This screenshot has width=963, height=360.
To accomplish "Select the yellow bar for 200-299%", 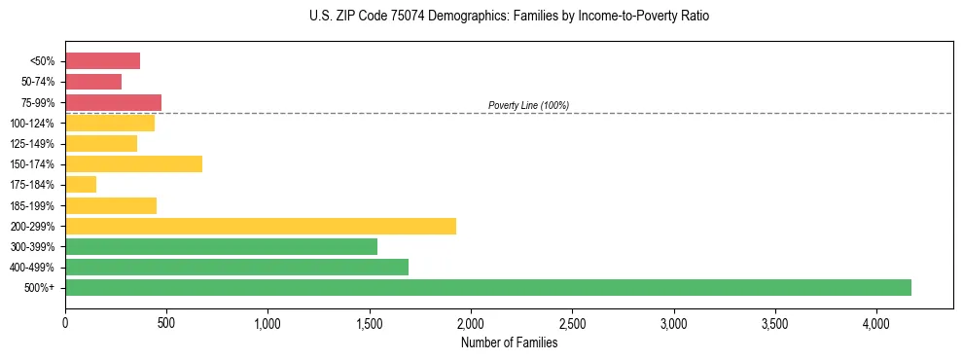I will [261, 226].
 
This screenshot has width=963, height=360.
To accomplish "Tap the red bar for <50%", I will [102, 61].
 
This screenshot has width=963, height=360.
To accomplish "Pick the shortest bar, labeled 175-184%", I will [81, 185].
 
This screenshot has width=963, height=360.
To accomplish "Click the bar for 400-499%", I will [236, 267].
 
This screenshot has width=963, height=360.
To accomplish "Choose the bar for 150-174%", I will [133, 163].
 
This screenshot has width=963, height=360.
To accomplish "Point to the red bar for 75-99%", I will [113, 102].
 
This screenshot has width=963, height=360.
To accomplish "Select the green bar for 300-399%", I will [221, 246].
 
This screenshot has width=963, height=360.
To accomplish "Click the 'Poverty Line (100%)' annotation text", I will [528, 105].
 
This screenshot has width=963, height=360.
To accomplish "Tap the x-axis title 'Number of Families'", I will [509, 342].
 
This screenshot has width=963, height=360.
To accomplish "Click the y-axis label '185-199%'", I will [36, 205].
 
